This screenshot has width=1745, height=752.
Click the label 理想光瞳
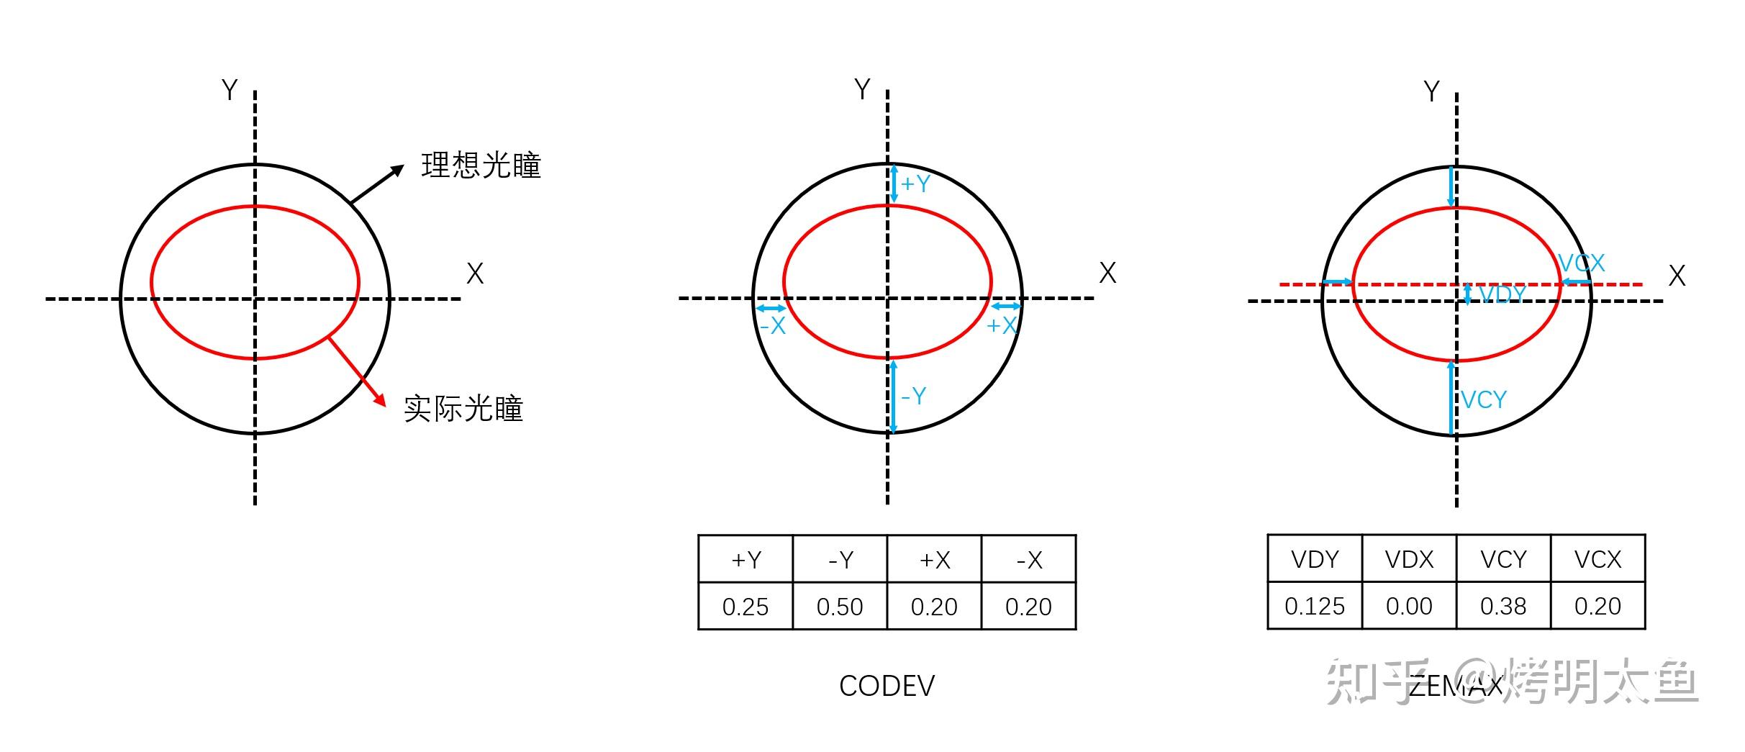click(x=481, y=166)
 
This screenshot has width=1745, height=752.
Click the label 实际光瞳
click(x=463, y=409)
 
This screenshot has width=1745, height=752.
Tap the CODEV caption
click(x=887, y=686)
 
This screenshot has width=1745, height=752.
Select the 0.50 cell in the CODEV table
click(x=840, y=607)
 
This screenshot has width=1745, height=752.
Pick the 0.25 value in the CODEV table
click(x=745, y=607)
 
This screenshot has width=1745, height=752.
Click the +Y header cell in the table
click(x=745, y=560)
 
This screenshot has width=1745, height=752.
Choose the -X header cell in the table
click(x=1029, y=560)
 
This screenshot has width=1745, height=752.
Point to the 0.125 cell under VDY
click(x=1315, y=606)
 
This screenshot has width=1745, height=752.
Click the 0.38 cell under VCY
click(x=1503, y=606)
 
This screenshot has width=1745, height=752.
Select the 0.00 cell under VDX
click(x=1409, y=606)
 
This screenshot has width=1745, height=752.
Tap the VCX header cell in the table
click(x=1597, y=559)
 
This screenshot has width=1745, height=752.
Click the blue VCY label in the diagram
click(x=1484, y=400)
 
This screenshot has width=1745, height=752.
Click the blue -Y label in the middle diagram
click(x=914, y=396)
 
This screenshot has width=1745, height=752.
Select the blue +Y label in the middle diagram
click(x=915, y=184)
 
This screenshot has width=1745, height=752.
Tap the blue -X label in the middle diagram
click(x=773, y=327)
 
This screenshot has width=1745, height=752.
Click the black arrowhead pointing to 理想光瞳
click(x=396, y=171)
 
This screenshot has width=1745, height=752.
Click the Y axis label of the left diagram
click(x=229, y=91)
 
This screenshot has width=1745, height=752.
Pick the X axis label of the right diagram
click(x=1677, y=276)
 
